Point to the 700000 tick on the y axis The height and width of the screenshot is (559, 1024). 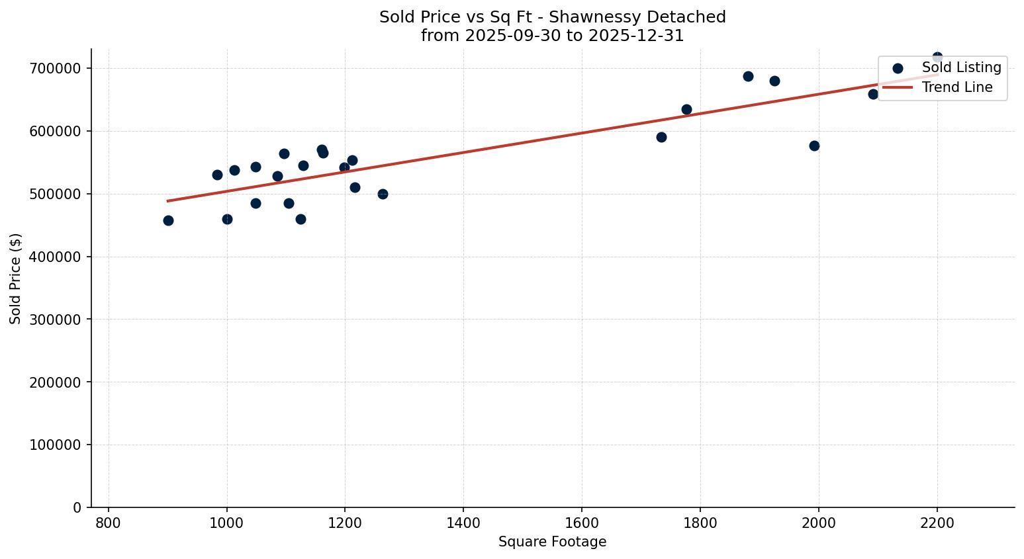[x=55, y=69]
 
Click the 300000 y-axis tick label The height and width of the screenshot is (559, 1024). [x=55, y=320]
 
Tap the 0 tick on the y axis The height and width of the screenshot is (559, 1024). [x=77, y=508]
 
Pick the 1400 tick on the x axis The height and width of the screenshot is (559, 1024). [x=463, y=523]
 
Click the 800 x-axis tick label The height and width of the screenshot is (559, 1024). [x=109, y=523]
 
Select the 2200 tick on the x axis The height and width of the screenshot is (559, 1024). [x=937, y=523]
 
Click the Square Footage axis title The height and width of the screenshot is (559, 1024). [x=552, y=542]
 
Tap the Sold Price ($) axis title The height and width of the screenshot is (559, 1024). [x=16, y=279]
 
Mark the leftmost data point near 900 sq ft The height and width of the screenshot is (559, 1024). [x=168, y=220]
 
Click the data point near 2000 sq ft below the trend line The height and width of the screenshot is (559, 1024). [x=814, y=146]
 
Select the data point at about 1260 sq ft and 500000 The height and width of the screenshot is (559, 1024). [x=383, y=194]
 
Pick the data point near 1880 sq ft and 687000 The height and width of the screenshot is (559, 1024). [x=748, y=76]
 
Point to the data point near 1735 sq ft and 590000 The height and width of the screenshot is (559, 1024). [x=661, y=137]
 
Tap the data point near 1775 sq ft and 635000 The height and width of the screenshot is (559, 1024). [x=686, y=109]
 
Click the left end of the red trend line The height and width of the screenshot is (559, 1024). [x=168, y=200]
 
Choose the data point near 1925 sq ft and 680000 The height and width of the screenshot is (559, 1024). [x=774, y=81]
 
